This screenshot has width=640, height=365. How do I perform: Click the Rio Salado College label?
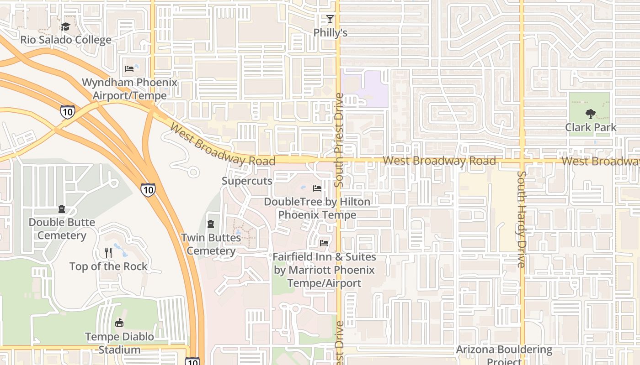[66, 40]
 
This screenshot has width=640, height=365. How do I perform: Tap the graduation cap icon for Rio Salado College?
[66, 26]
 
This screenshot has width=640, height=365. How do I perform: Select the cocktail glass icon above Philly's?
[330, 19]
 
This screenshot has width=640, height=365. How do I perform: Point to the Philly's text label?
[330, 33]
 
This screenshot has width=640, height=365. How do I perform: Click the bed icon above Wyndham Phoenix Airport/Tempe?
[130, 69]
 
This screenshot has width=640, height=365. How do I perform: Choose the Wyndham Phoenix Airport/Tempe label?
[130, 89]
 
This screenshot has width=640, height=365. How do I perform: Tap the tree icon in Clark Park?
[591, 114]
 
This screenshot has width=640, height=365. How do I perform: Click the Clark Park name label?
[591, 127]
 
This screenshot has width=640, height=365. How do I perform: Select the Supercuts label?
[247, 181]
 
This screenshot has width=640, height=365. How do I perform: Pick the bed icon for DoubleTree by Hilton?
[317, 188]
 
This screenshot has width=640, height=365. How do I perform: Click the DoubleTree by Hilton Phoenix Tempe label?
[317, 208]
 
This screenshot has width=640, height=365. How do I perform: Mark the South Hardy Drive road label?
[522, 219]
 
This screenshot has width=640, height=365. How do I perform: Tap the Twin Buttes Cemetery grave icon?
[211, 224]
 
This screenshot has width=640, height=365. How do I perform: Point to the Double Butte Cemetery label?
[62, 229]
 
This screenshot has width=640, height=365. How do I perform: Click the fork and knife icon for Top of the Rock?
[108, 252]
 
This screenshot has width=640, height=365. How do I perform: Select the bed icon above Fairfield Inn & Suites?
[324, 243]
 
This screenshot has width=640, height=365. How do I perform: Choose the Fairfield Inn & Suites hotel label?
[324, 270]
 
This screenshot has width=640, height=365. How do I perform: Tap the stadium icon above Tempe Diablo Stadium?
[119, 323]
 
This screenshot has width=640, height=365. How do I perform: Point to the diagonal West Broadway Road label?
[222, 145]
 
